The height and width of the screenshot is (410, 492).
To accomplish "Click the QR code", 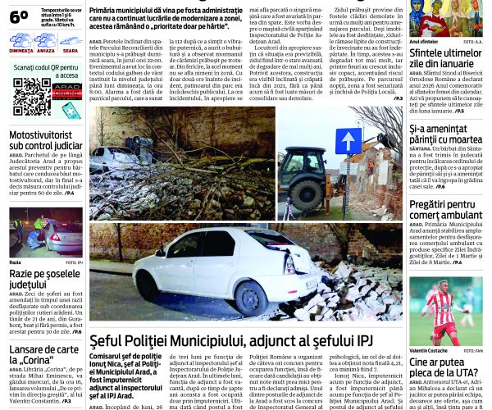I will click(31, 96).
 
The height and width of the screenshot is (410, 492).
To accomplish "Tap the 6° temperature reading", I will click(19, 16).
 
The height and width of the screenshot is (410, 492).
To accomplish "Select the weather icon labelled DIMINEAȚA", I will click(22, 40).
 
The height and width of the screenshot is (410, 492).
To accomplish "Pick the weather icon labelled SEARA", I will click(70, 40).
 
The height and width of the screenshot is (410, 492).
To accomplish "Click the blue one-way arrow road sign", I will click(348, 141).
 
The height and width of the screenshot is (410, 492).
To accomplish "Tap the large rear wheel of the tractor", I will click(304, 195).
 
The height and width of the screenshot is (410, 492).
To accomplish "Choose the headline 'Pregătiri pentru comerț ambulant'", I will click(446, 209).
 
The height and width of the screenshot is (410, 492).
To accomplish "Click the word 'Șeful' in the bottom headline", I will click(112, 340).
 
